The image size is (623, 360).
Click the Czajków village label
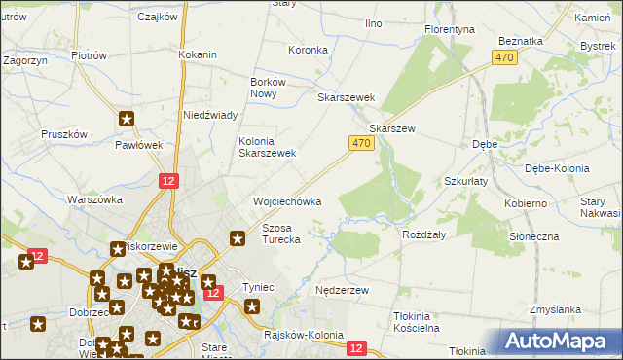coord(157,17)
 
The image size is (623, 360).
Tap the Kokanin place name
coord(197,54)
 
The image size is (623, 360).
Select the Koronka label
coord(309,49)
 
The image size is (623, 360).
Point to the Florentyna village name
coord(450,29)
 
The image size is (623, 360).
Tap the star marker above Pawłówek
coord(127,121)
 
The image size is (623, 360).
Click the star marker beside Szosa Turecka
coord(237,238)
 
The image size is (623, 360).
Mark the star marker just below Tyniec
coord(252,307)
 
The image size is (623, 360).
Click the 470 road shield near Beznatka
coord(503,58)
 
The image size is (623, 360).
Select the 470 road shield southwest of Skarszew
coord(360,143)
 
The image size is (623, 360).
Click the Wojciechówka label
coord(287,201)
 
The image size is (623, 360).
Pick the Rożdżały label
coord(423,234)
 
